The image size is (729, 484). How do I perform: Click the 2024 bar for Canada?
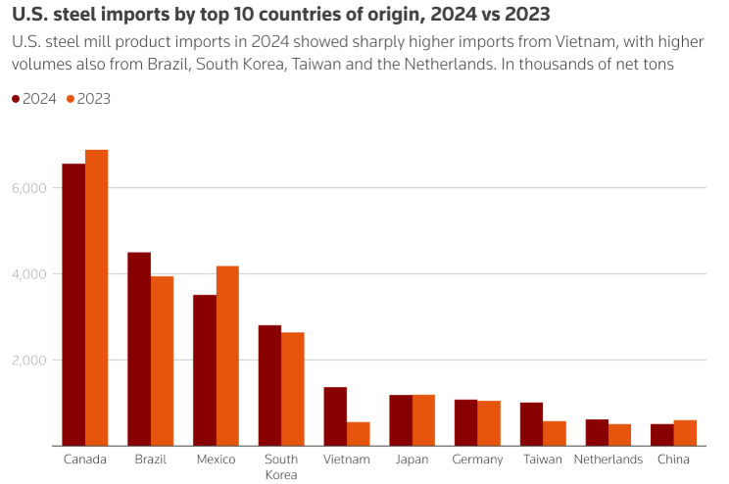[73, 305]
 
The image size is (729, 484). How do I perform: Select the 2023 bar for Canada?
[96, 298]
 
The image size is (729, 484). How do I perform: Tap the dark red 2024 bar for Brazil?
[139, 349]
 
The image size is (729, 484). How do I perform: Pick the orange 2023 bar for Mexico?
[227, 356]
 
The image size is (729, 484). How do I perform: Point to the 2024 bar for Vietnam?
[335, 416]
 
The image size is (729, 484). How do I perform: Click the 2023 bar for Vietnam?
[358, 434]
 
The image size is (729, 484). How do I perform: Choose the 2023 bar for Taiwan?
[555, 433]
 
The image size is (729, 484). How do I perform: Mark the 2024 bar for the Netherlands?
[597, 432]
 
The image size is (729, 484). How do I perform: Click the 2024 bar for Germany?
[466, 422]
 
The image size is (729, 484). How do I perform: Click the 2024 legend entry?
[34, 99]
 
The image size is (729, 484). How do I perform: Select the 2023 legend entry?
[88, 99]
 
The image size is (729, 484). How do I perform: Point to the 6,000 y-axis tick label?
[29, 187]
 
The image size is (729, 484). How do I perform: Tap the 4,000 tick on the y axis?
[29, 273]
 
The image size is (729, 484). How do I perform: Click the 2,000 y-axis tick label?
[29, 360]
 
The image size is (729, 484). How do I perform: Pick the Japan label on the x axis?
[412, 460]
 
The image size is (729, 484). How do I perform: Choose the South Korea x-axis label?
[281, 466]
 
